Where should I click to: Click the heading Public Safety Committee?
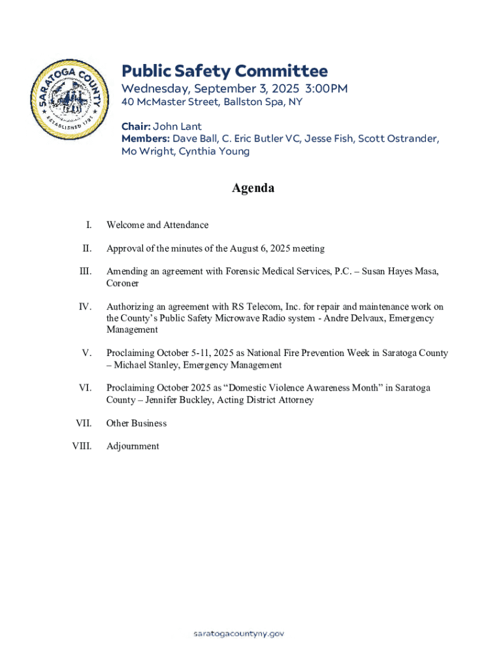[225, 71]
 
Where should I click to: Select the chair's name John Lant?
[177, 126]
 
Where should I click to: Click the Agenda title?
[253, 188]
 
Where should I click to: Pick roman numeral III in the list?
[85, 271]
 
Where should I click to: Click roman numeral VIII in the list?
[82, 446]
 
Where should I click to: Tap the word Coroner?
[123, 284]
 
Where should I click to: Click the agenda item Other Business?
[137, 423]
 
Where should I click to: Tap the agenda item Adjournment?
[133, 446]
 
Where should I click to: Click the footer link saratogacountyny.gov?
[239, 634]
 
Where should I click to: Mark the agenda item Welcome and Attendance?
[157, 225]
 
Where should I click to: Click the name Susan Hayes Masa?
[399, 271]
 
